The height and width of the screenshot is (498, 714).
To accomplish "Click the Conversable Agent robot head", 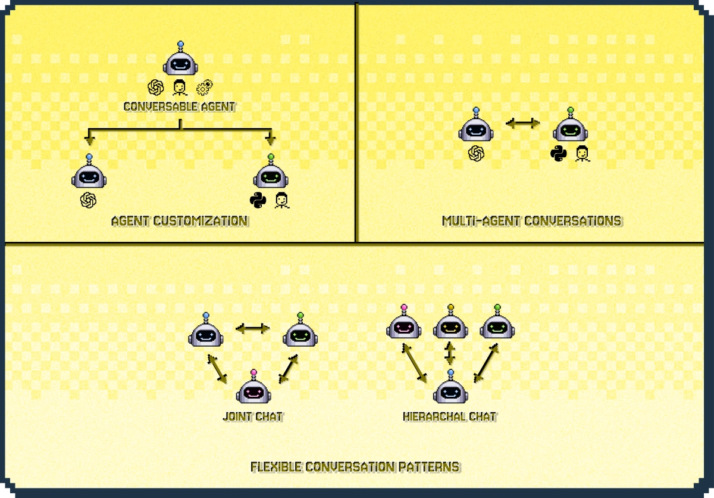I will coord(180,62).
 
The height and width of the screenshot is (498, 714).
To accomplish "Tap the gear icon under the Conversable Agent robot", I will coord(205,88).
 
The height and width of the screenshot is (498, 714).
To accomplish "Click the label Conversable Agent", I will coord(180,107).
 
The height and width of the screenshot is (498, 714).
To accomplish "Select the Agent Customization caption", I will coord(180,221).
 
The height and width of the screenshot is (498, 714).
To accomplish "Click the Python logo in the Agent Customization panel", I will coord(258,201).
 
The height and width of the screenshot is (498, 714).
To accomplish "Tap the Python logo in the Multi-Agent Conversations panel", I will coord(558,154).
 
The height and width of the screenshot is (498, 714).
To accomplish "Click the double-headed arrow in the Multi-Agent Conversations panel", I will coord(522,123).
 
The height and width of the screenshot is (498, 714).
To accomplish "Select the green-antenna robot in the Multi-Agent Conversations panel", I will coord(570,129).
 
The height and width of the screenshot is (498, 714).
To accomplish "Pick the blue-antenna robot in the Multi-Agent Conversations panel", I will coord(475,129).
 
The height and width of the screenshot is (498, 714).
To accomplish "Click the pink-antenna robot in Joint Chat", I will coord(254,390).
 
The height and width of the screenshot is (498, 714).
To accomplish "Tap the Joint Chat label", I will coord(253,416).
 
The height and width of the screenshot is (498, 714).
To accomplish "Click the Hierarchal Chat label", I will coord(449,416).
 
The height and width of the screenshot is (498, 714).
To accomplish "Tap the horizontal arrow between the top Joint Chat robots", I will coord(253,328).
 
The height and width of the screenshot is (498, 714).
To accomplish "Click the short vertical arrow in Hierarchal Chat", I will coord(450,353).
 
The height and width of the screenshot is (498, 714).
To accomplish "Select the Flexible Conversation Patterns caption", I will coord(355,466).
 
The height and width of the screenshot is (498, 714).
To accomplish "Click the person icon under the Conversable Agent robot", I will coord(179,88).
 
